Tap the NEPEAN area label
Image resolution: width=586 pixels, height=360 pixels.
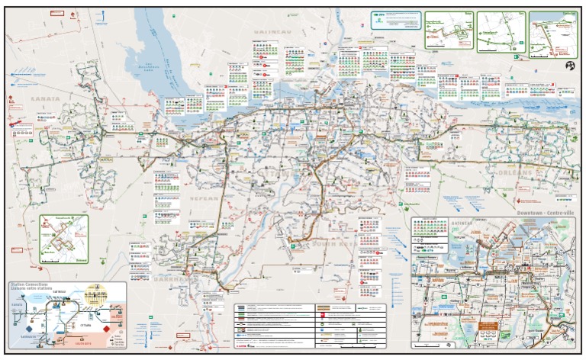click(x=204, y=198)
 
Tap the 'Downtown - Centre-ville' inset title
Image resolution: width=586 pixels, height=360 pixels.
click(x=543, y=211)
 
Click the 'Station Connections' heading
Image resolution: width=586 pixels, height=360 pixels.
click(x=30, y=284)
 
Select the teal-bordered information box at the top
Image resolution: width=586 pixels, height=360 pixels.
click(x=396, y=19)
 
